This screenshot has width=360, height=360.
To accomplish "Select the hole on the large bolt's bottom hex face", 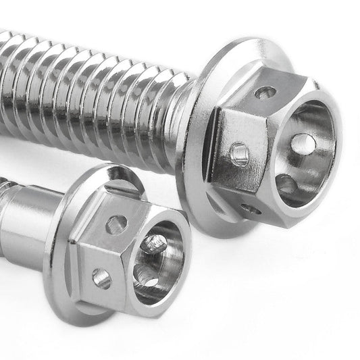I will (x=251, y=208).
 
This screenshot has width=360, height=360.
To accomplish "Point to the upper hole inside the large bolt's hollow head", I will (x=303, y=143).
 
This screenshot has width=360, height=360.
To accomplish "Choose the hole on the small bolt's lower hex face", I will (x=101, y=277).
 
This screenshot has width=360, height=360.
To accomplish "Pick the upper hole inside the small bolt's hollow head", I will (x=155, y=242).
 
